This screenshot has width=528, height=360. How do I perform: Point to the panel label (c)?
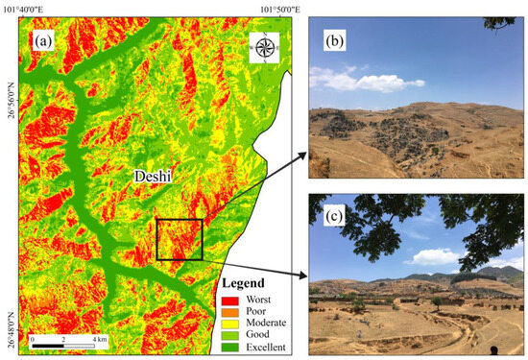tap(333, 211)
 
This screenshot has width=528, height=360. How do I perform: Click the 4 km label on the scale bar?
tap(100, 338)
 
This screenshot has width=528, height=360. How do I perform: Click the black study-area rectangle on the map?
tap(179, 239)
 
